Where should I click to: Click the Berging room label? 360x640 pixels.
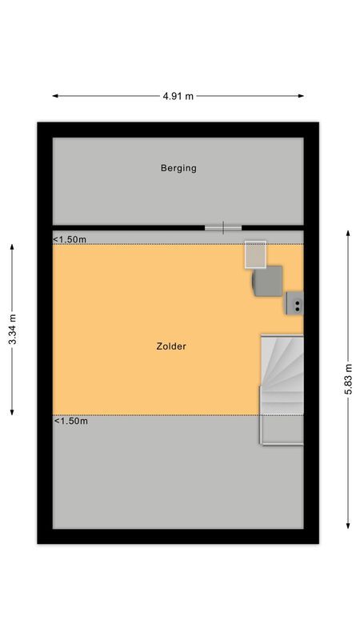(178, 168)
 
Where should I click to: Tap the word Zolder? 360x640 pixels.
(171, 346)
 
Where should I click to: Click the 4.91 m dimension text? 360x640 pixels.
(178, 96)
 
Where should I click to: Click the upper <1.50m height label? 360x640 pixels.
(70, 239)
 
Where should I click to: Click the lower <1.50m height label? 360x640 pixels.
(70, 421)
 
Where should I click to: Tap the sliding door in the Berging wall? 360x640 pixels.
(223, 227)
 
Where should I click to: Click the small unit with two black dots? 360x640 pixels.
(295, 303)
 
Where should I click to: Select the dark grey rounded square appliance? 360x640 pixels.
(267, 282)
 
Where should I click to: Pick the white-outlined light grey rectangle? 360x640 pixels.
(255, 254)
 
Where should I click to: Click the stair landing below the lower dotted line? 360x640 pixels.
(282, 430)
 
